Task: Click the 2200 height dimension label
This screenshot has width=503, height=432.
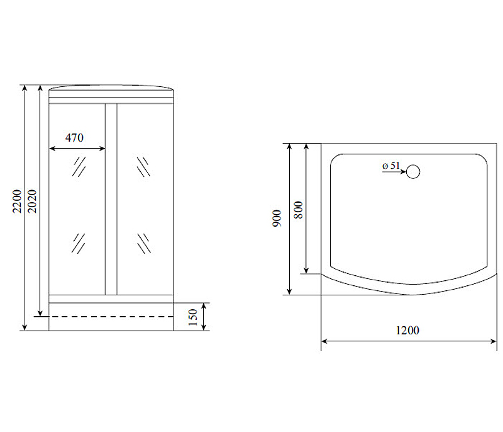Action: coord(17,201)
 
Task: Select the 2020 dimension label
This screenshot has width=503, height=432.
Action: coord(32,201)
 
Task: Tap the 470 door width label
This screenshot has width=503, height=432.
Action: coord(74,138)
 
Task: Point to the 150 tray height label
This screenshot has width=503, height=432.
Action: coord(193,317)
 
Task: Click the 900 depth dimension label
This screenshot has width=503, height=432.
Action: coord(277,219)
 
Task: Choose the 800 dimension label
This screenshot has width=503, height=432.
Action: coord(298,210)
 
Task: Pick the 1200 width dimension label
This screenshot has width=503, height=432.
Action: coord(407,331)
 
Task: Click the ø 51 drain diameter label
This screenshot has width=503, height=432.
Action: coord(391,166)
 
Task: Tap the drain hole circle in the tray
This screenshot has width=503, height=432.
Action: coord(413,171)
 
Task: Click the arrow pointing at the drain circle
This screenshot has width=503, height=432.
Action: coord(394,172)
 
